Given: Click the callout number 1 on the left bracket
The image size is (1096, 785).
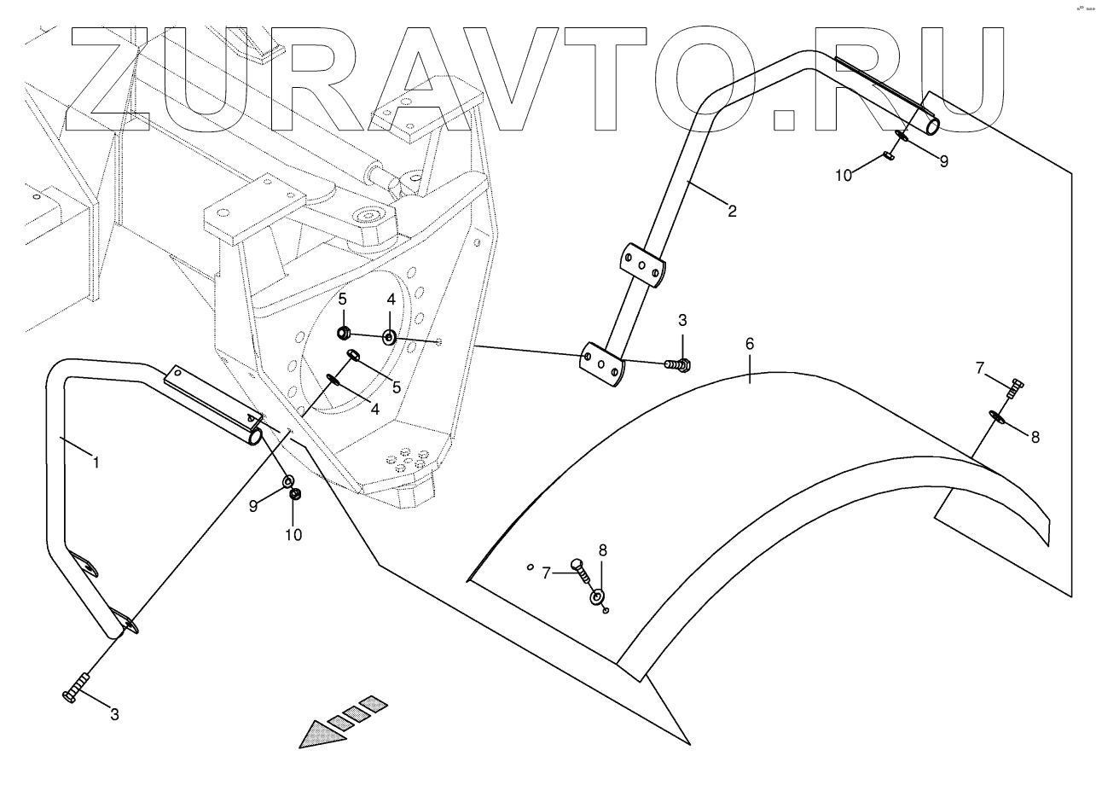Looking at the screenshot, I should [x=96, y=462].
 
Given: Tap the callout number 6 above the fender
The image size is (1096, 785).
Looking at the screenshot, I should [x=750, y=344].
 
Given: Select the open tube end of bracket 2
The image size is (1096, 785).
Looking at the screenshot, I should [x=933, y=126].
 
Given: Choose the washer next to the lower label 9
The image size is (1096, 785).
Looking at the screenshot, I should [x=288, y=483].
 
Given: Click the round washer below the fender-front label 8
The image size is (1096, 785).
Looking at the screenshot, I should [x=596, y=595].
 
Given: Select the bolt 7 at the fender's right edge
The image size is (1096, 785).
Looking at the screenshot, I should [x=1015, y=389].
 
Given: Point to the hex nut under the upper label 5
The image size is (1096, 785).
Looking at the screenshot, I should [x=343, y=333].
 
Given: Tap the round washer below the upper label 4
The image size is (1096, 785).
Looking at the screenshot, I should [x=389, y=337].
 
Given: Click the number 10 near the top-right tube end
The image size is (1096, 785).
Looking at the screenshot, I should [x=843, y=175].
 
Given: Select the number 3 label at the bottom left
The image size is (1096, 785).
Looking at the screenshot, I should [x=114, y=714].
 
